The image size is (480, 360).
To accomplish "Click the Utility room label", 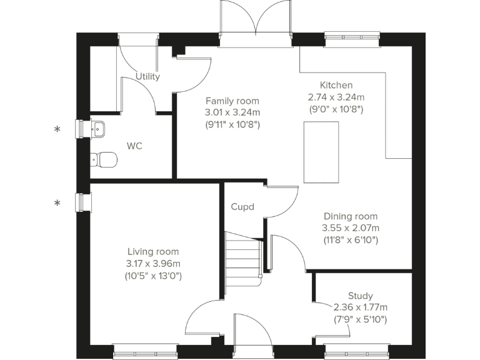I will point(148,77).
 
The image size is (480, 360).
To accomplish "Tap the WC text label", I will point(134,146).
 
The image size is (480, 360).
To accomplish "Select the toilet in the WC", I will point(103,159).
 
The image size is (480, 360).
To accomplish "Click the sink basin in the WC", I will point(99,129).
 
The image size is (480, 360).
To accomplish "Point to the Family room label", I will point(232,101).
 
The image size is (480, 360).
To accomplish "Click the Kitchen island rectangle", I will point(321,152).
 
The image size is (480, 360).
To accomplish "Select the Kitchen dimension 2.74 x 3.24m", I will point(336,97).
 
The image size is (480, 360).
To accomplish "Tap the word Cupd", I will point(242,207).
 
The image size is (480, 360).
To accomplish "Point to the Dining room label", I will point(350,216).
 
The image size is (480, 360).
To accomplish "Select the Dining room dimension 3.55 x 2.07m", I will point(350,228).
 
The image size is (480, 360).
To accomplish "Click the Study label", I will point(361,296).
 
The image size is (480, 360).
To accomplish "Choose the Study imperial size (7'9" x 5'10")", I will point(361,319).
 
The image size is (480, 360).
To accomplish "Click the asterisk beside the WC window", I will point(57,130).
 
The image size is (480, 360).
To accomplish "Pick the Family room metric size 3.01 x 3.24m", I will point(232,112).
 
